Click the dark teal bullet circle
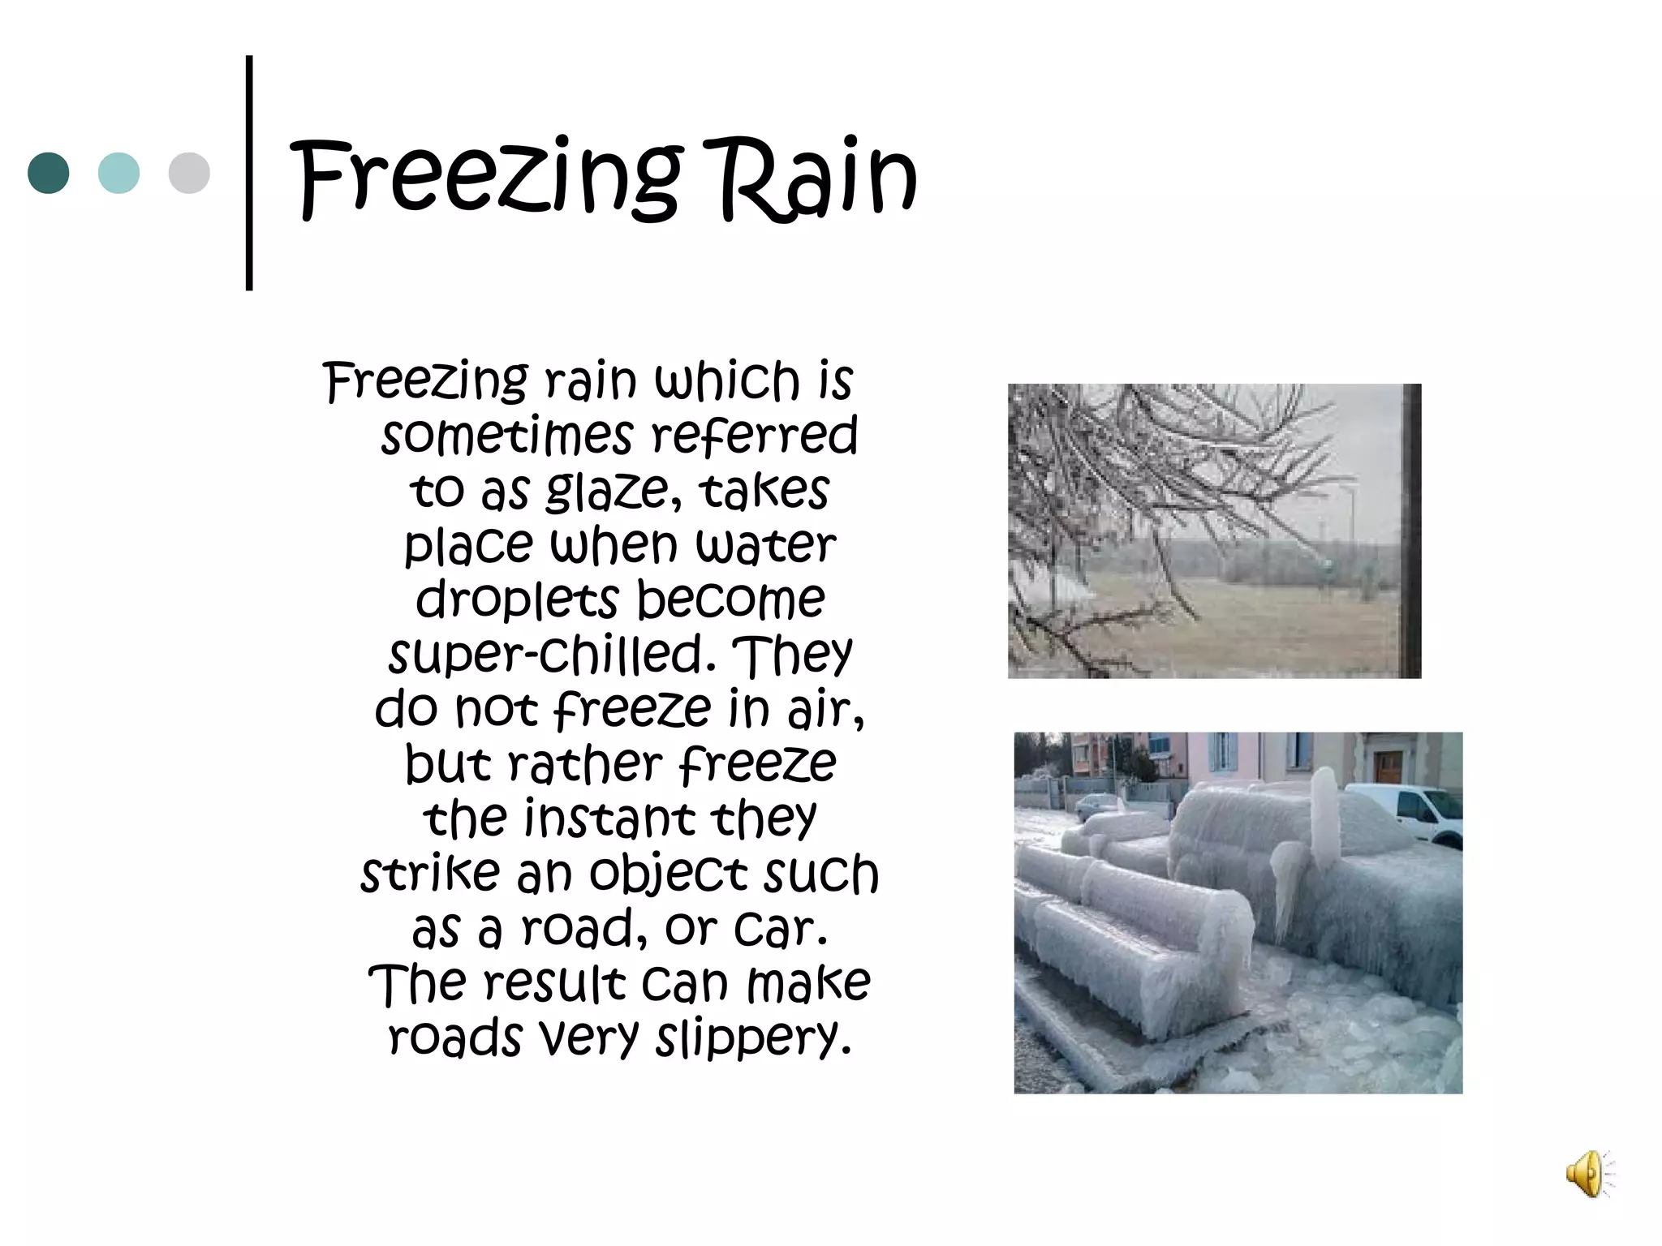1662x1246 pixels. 49,173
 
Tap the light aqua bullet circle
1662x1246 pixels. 118,173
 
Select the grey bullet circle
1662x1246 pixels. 189,173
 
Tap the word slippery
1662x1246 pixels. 753,1038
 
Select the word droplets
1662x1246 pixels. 517,599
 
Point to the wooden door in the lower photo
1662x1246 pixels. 1389,766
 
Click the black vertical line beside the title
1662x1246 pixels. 249,173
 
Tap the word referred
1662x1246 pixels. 754,436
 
